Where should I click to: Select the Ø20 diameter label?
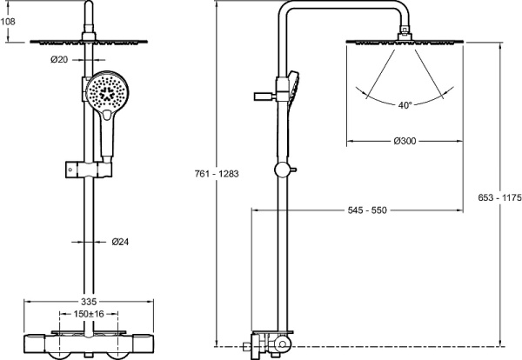[x=59, y=59]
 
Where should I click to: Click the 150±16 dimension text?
[x=88, y=313]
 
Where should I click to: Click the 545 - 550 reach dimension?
[x=366, y=210]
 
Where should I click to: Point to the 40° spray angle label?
[x=405, y=105]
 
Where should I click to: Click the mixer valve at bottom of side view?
[x=270, y=346]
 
